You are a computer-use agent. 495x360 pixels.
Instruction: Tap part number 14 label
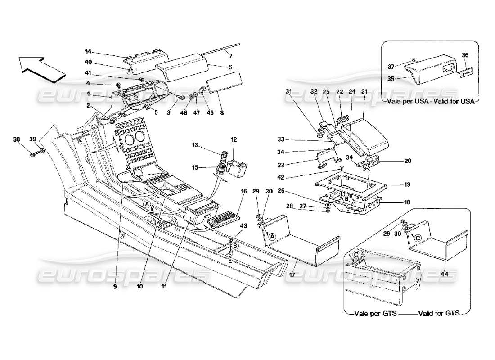pyautogui.click(x=88, y=51)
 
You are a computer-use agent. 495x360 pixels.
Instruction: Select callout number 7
pyautogui.click(x=230, y=56)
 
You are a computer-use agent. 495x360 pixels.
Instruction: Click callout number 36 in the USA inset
pyautogui.click(x=465, y=55)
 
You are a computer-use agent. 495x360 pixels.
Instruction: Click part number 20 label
pyautogui.click(x=408, y=161)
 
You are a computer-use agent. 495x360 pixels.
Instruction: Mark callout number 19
pyautogui.click(x=407, y=184)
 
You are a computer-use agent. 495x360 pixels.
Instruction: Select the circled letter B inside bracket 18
pyautogui.click(x=347, y=198)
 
